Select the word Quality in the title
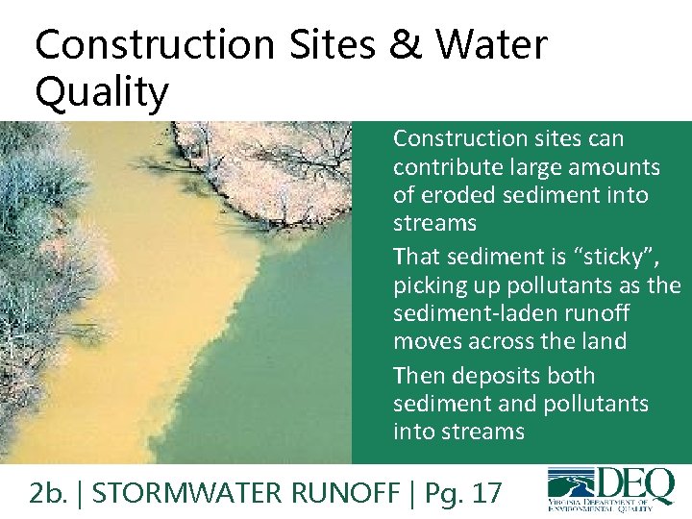point(101,93)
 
